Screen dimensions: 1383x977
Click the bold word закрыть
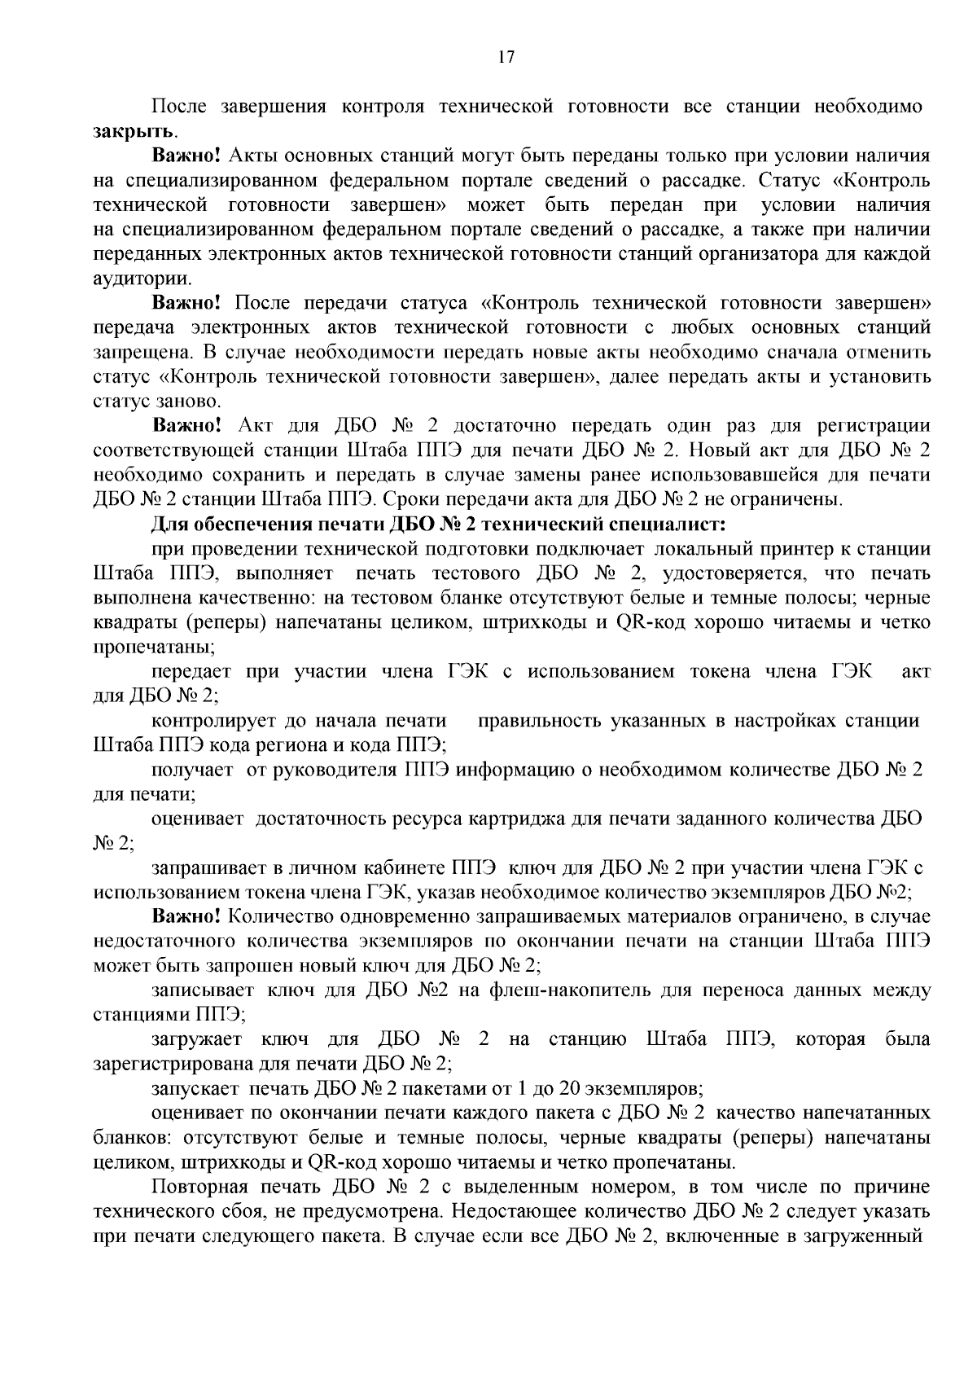coord(133,130)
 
